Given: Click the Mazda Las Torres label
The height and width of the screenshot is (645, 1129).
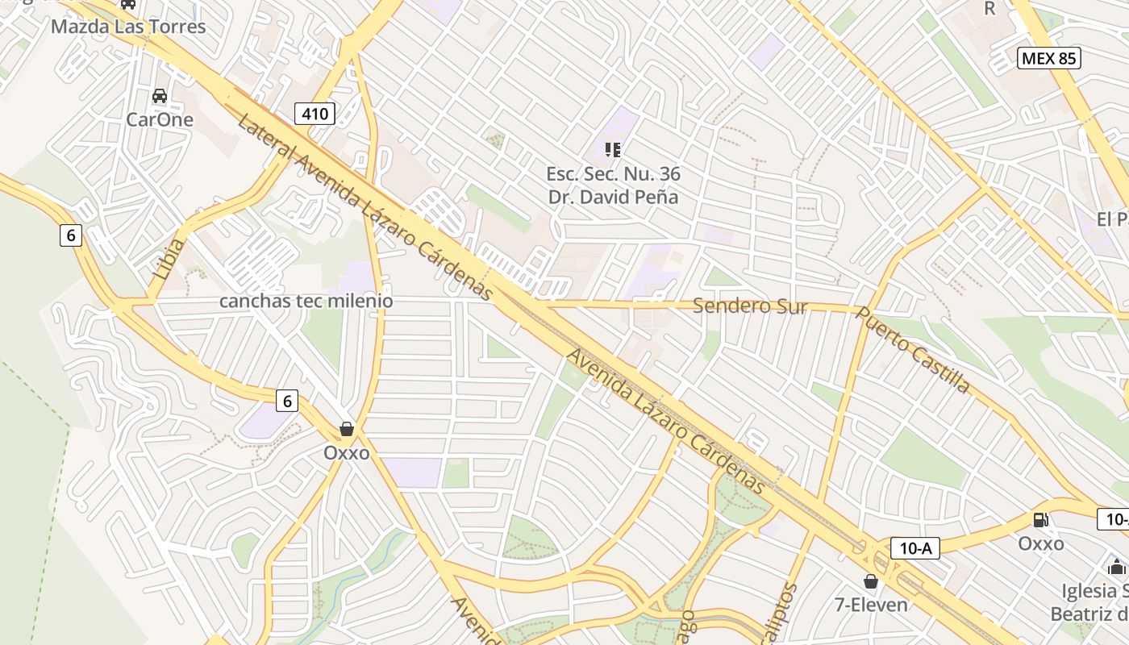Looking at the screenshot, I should point(128,27).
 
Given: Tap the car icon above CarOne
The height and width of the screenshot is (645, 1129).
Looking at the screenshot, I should point(160,96).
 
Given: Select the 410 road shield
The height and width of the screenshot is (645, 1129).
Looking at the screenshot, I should point(315,114).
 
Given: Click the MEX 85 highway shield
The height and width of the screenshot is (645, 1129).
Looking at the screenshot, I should point(1048,58).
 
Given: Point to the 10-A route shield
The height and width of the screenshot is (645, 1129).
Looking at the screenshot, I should point(915,549).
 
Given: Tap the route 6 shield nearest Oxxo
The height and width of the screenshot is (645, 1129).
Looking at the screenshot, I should point(286,400).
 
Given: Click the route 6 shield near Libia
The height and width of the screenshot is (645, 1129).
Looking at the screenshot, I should point(71,235).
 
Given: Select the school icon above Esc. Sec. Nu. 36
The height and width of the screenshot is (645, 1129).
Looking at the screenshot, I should point(613,149).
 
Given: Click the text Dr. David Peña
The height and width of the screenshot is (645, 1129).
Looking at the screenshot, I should point(613,197).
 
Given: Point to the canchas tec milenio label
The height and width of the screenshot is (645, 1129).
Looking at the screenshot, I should point(306,301).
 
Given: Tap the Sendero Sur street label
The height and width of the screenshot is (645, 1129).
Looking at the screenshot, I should point(750,306).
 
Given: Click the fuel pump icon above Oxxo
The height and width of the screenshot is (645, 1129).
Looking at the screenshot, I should point(1041,520).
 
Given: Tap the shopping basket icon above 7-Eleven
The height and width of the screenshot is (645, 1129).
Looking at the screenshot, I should point(871,580).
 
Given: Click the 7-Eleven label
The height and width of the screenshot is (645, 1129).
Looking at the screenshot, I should point(871,605).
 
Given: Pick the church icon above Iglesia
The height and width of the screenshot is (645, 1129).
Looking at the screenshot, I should point(1117,566).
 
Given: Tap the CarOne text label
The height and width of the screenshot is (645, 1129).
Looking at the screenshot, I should point(160,120).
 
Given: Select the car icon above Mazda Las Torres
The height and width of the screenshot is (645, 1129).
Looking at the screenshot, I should point(128,4).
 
